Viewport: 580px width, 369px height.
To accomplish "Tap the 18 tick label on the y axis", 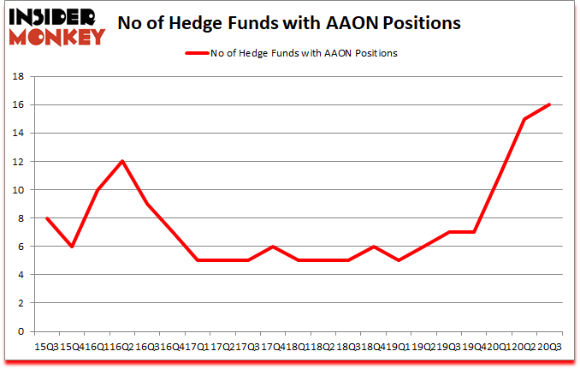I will pos(16,76).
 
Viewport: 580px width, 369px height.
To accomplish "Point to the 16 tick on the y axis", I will pos(16,104).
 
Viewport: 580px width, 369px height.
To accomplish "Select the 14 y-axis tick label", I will pos(16,133).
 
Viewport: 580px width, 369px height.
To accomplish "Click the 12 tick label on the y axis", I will pos(16,161).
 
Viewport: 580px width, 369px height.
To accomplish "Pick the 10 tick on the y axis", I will pos(16,189).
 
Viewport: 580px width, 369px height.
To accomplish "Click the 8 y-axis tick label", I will pos(20,217).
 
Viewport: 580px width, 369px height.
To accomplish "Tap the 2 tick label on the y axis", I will pos(20,302).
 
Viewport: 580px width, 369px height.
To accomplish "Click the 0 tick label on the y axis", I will pos(20,331).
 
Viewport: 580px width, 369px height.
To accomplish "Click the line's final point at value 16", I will pos(549,104).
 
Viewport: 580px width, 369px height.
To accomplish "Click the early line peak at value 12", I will pos(121,161).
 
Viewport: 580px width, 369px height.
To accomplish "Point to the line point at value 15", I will pos(524,118).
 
